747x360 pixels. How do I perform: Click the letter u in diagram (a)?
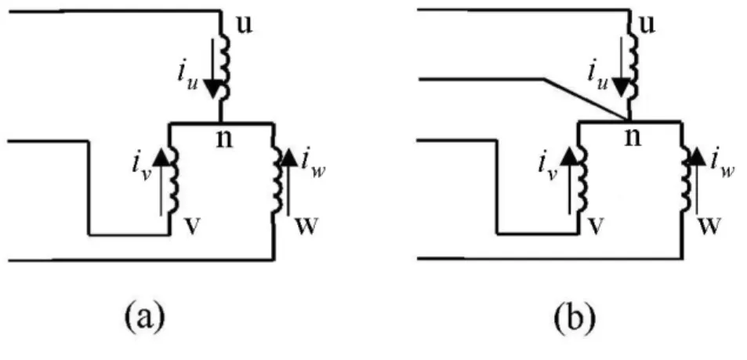[x=245, y=25]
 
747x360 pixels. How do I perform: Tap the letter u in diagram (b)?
[x=647, y=25]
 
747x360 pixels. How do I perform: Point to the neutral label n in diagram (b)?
[x=633, y=138]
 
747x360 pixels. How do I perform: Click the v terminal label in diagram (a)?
[x=191, y=227]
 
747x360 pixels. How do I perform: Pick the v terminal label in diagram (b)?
[x=600, y=227]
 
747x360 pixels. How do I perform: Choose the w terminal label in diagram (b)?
[x=709, y=227]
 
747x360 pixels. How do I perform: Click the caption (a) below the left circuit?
[x=145, y=315]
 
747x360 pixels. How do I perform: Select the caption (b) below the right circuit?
[x=575, y=315]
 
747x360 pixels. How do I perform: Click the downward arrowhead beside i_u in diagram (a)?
[x=213, y=87]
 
